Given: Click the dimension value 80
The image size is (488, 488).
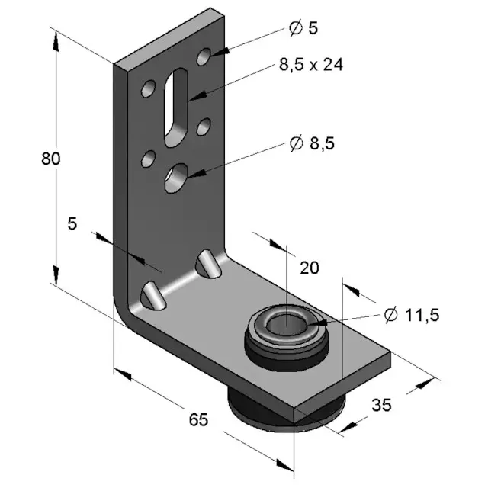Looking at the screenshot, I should pos(50,159).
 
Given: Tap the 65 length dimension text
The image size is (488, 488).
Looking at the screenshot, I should pos(198,419).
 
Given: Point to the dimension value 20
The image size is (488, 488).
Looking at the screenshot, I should pos(309,267).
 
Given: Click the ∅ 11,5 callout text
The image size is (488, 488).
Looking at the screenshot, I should pos(412,313).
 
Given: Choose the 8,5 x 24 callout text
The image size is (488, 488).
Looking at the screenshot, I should pos(310,65).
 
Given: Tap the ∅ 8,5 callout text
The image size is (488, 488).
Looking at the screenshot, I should pos(312,143).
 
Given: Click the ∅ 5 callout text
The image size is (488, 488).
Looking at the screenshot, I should pos(303,28).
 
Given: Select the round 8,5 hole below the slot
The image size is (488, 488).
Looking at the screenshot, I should pos(177,177).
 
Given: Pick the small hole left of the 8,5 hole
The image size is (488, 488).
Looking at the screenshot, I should pos(148,159).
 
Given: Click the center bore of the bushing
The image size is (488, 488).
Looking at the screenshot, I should pos(287,324).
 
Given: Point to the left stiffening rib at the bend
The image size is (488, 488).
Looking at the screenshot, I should pos(152,295).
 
